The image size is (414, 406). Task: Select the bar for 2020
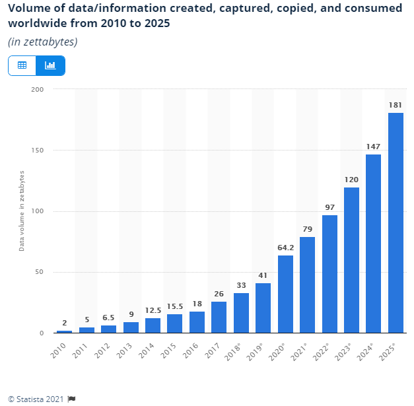tap(285, 294)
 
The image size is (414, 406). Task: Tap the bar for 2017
tap(219, 317)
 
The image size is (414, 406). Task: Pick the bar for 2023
tap(351, 260)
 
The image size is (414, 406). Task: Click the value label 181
tap(396, 105)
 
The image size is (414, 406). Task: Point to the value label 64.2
tap(285, 248)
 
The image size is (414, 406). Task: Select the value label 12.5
tap(153, 310)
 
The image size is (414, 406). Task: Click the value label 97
tap(329, 207)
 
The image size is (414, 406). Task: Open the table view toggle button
tap(22, 65)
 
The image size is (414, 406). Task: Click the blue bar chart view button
tap(50, 65)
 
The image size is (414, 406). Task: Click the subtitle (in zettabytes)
tap(43, 42)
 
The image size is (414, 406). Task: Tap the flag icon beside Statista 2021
tap(72, 399)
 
